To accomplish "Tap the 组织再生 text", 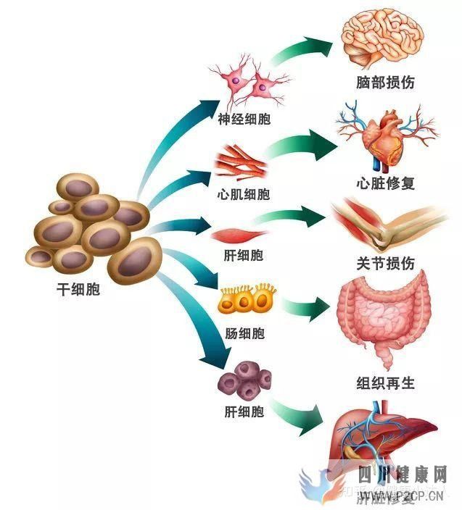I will pos(386,382).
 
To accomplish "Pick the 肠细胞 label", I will pos(244,333).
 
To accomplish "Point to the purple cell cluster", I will pos(245,381).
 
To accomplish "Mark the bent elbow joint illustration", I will pos(388,224).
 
